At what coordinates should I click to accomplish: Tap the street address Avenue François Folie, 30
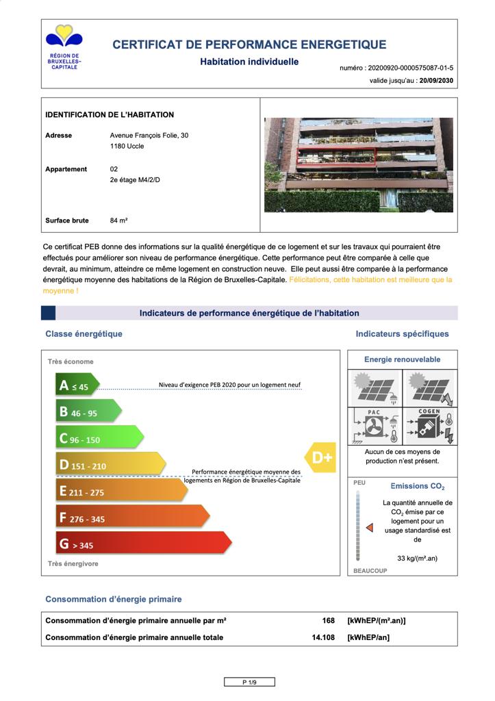[149, 136]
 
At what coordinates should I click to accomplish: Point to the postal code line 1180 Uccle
[127, 146]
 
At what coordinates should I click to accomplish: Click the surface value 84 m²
[119, 220]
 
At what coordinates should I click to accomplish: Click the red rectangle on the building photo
[336, 155]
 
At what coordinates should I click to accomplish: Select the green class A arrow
[77, 385]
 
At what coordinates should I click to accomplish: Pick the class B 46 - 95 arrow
[88, 412]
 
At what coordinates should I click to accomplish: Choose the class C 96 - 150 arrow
[99, 439]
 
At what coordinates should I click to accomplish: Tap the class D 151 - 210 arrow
[110, 466]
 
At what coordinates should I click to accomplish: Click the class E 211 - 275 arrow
[121, 492]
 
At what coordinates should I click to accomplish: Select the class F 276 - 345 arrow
[132, 518]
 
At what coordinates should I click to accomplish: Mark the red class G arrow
[143, 544]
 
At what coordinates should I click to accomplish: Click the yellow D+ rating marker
[320, 458]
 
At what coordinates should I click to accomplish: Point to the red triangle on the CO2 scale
[369, 528]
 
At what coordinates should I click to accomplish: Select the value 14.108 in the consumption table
[323, 637]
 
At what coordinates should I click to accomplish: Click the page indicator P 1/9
[249, 682]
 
